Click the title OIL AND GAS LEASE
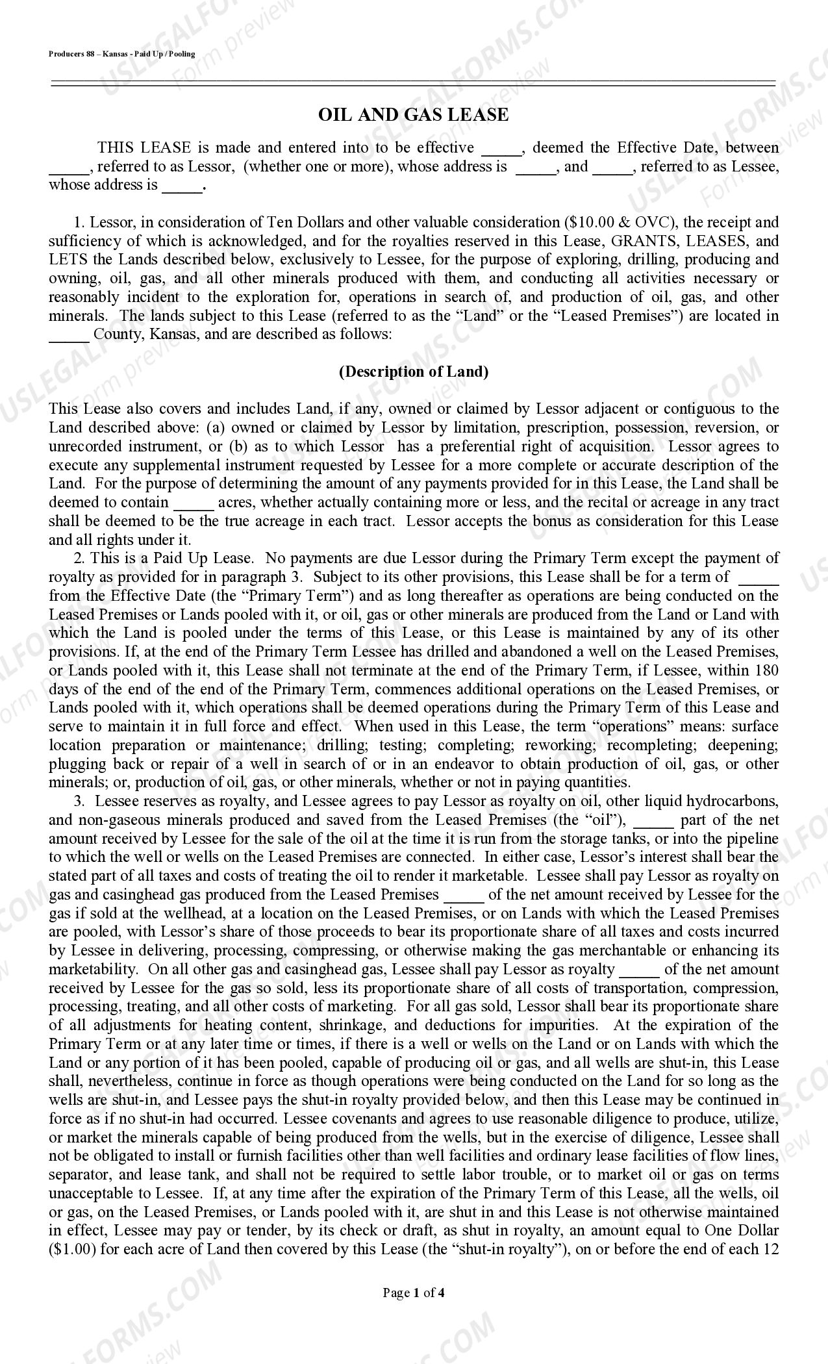click(413, 115)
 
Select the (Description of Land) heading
click(413, 372)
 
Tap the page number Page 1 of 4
click(413, 1293)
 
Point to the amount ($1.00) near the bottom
click(73, 1250)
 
